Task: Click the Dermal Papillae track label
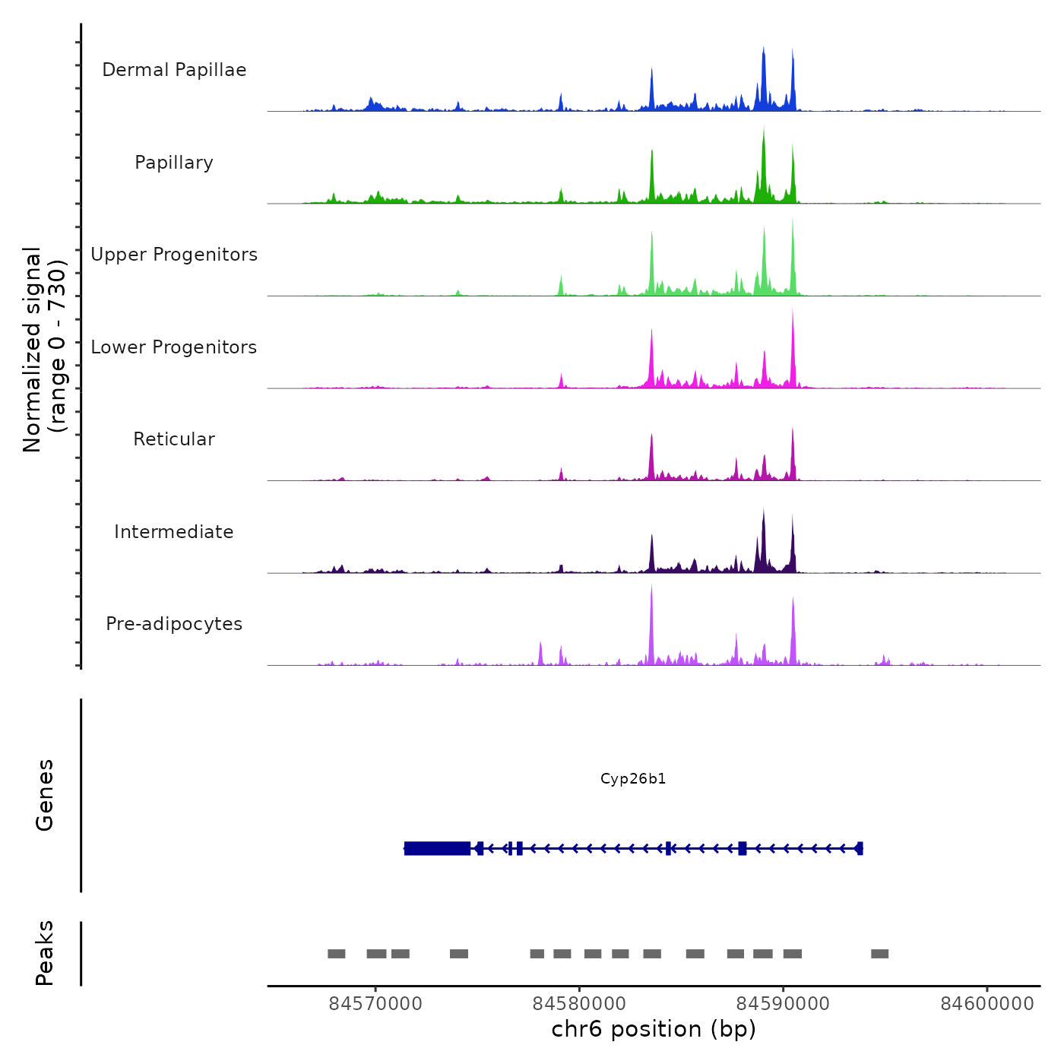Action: tap(174, 70)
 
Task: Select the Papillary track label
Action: tap(174, 163)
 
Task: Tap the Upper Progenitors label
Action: tap(174, 255)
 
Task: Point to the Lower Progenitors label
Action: tap(174, 347)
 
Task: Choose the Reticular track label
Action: tap(174, 439)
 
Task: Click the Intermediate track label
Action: tap(174, 532)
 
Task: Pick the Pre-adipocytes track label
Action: tap(174, 624)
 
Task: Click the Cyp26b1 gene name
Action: tap(633, 778)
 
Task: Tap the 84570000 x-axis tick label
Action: tap(375, 1004)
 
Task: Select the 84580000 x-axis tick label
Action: tap(579, 1004)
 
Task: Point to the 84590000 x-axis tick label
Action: tap(784, 1004)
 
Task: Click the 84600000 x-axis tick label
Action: tap(987, 1004)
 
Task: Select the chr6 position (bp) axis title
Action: tap(654, 1029)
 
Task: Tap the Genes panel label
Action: tap(45, 795)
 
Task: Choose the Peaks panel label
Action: tap(45, 953)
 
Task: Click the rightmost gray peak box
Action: tap(879, 954)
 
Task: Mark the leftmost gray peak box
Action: tap(336, 954)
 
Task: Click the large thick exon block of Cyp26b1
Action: tap(437, 848)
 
